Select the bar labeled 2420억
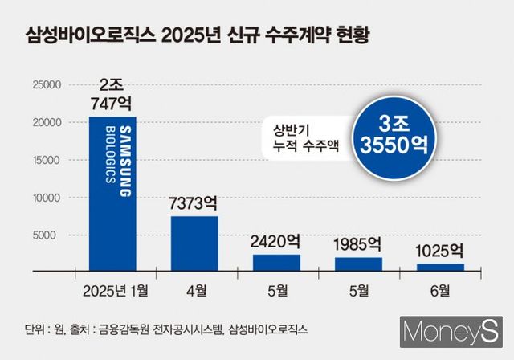point(276,264)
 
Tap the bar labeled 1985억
point(358,265)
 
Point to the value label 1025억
point(440,250)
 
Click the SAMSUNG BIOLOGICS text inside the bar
point(112,155)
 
